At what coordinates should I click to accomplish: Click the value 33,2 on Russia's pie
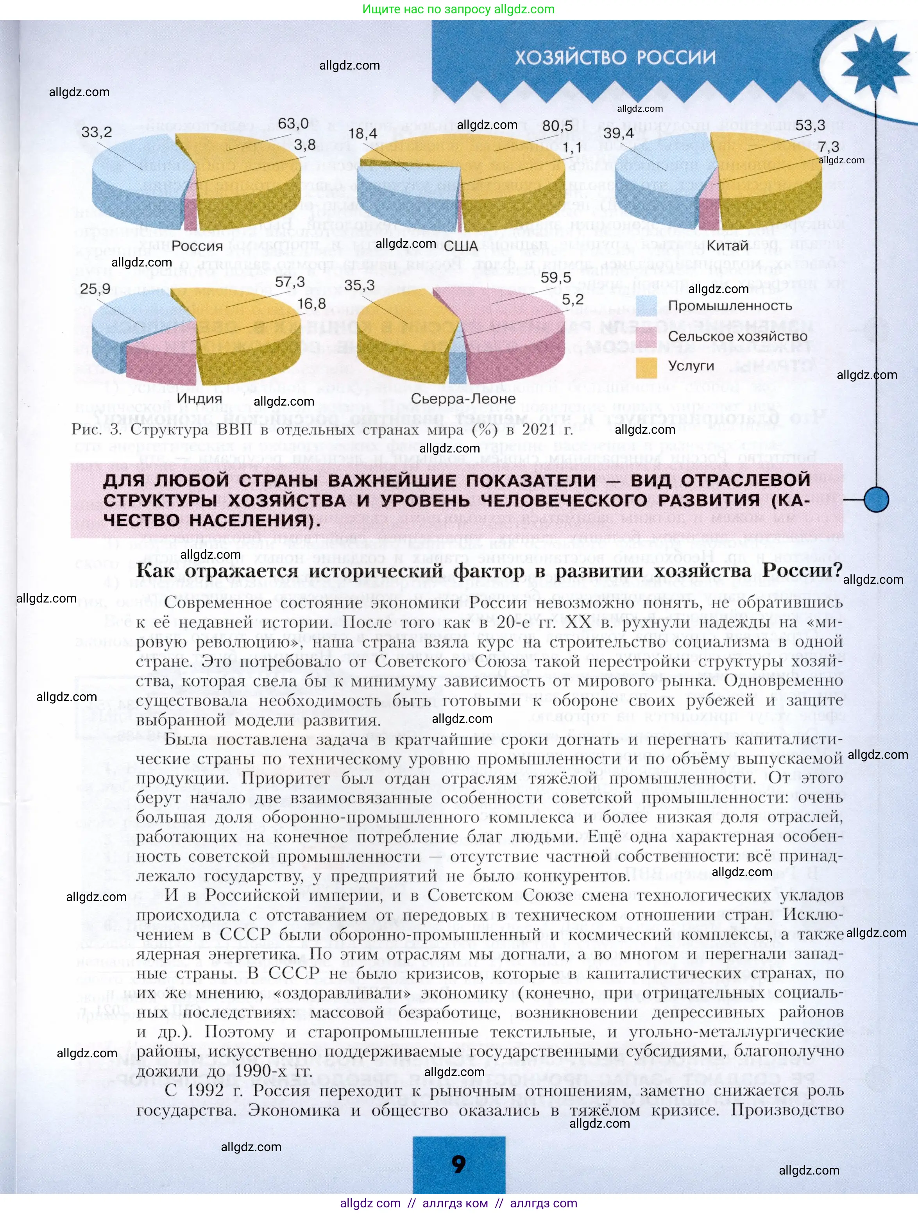pos(97,132)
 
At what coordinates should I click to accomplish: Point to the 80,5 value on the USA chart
pos(557,126)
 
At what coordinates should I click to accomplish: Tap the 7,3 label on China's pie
pos(828,147)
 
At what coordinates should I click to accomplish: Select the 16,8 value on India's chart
pos(311,304)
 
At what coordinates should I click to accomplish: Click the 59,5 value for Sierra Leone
pos(556,278)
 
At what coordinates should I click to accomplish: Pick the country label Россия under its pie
pos(197,246)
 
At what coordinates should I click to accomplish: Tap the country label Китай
pos(727,246)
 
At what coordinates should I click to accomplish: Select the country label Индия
pos(199,399)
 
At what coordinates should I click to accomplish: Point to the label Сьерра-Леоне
pos(463,399)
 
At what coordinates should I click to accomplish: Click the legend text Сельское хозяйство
pos(737,336)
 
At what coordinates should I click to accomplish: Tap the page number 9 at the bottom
pos(458,1164)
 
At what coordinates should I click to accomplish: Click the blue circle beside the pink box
pos(876,499)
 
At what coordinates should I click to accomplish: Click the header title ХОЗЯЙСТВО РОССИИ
pos(615,57)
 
